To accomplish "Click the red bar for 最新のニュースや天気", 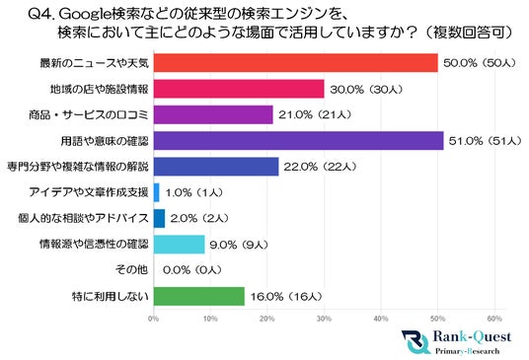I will pos(295,63).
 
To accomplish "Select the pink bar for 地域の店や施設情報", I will pos(238,90).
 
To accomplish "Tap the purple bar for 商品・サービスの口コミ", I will pos(212,115).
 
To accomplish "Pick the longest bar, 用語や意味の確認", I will pos(298,141).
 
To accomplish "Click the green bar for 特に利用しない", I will pos(198,295).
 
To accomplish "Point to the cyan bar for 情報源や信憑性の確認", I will pos(179,244).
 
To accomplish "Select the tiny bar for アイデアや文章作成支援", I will pos(156,192).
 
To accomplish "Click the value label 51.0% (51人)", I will pos(487,141).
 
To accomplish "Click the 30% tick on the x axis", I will pos(325,319).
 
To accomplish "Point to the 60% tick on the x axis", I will pos(495,319).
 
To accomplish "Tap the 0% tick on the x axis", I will pos(153,319).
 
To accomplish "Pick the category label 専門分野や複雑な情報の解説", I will pos(77,167).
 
